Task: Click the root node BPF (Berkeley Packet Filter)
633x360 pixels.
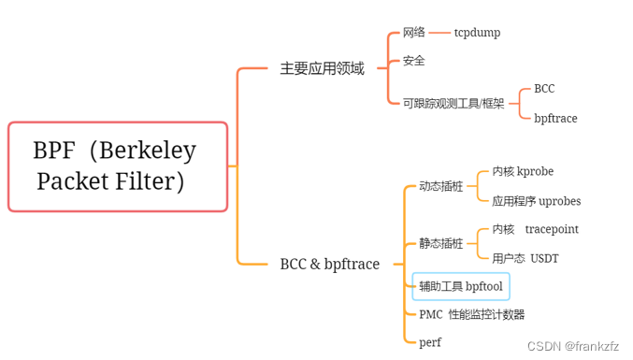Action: (117, 166)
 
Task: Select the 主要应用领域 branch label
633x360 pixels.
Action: (322, 68)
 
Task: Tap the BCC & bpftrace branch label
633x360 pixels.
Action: (329, 264)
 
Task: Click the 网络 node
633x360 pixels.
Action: (414, 33)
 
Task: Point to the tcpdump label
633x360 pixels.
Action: (477, 33)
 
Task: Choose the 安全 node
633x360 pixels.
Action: (414, 61)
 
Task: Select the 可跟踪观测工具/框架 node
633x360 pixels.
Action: (453, 104)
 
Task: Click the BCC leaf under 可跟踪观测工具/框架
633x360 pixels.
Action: (544, 89)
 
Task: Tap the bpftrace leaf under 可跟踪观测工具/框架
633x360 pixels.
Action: (555, 119)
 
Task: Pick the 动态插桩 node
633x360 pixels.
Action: (440, 186)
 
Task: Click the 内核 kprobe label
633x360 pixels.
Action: (523, 172)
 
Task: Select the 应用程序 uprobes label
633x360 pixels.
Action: (536, 201)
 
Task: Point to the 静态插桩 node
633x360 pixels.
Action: (440, 243)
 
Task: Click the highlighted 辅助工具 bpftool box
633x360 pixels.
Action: (461, 286)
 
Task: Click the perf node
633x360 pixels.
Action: (430, 342)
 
